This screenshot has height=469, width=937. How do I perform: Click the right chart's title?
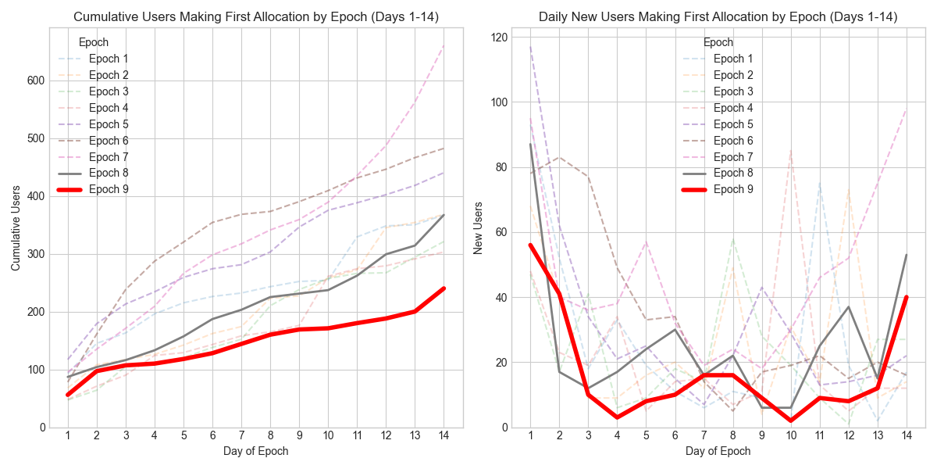click(718, 16)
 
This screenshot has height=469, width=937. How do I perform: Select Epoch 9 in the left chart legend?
click(109, 189)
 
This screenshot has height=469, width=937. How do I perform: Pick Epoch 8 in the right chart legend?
click(733, 173)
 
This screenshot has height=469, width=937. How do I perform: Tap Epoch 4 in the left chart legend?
click(109, 108)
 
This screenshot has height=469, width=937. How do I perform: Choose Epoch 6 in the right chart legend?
click(733, 141)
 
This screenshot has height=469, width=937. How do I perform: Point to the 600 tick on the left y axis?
click(37, 81)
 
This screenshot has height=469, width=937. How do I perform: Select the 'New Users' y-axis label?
click(478, 227)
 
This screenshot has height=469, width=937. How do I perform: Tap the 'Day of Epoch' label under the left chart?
click(255, 451)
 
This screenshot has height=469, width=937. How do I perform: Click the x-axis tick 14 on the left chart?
click(444, 435)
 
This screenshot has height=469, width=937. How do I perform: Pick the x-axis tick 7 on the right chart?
click(704, 435)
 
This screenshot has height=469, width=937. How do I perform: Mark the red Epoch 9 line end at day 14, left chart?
click(444, 288)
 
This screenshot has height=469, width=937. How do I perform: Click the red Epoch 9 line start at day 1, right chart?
click(531, 245)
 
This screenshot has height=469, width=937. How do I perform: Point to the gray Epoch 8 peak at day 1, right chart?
click(531, 145)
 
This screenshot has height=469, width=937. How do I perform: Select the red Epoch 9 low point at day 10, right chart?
click(791, 421)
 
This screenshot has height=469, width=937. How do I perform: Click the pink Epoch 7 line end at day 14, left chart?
click(444, 45)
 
